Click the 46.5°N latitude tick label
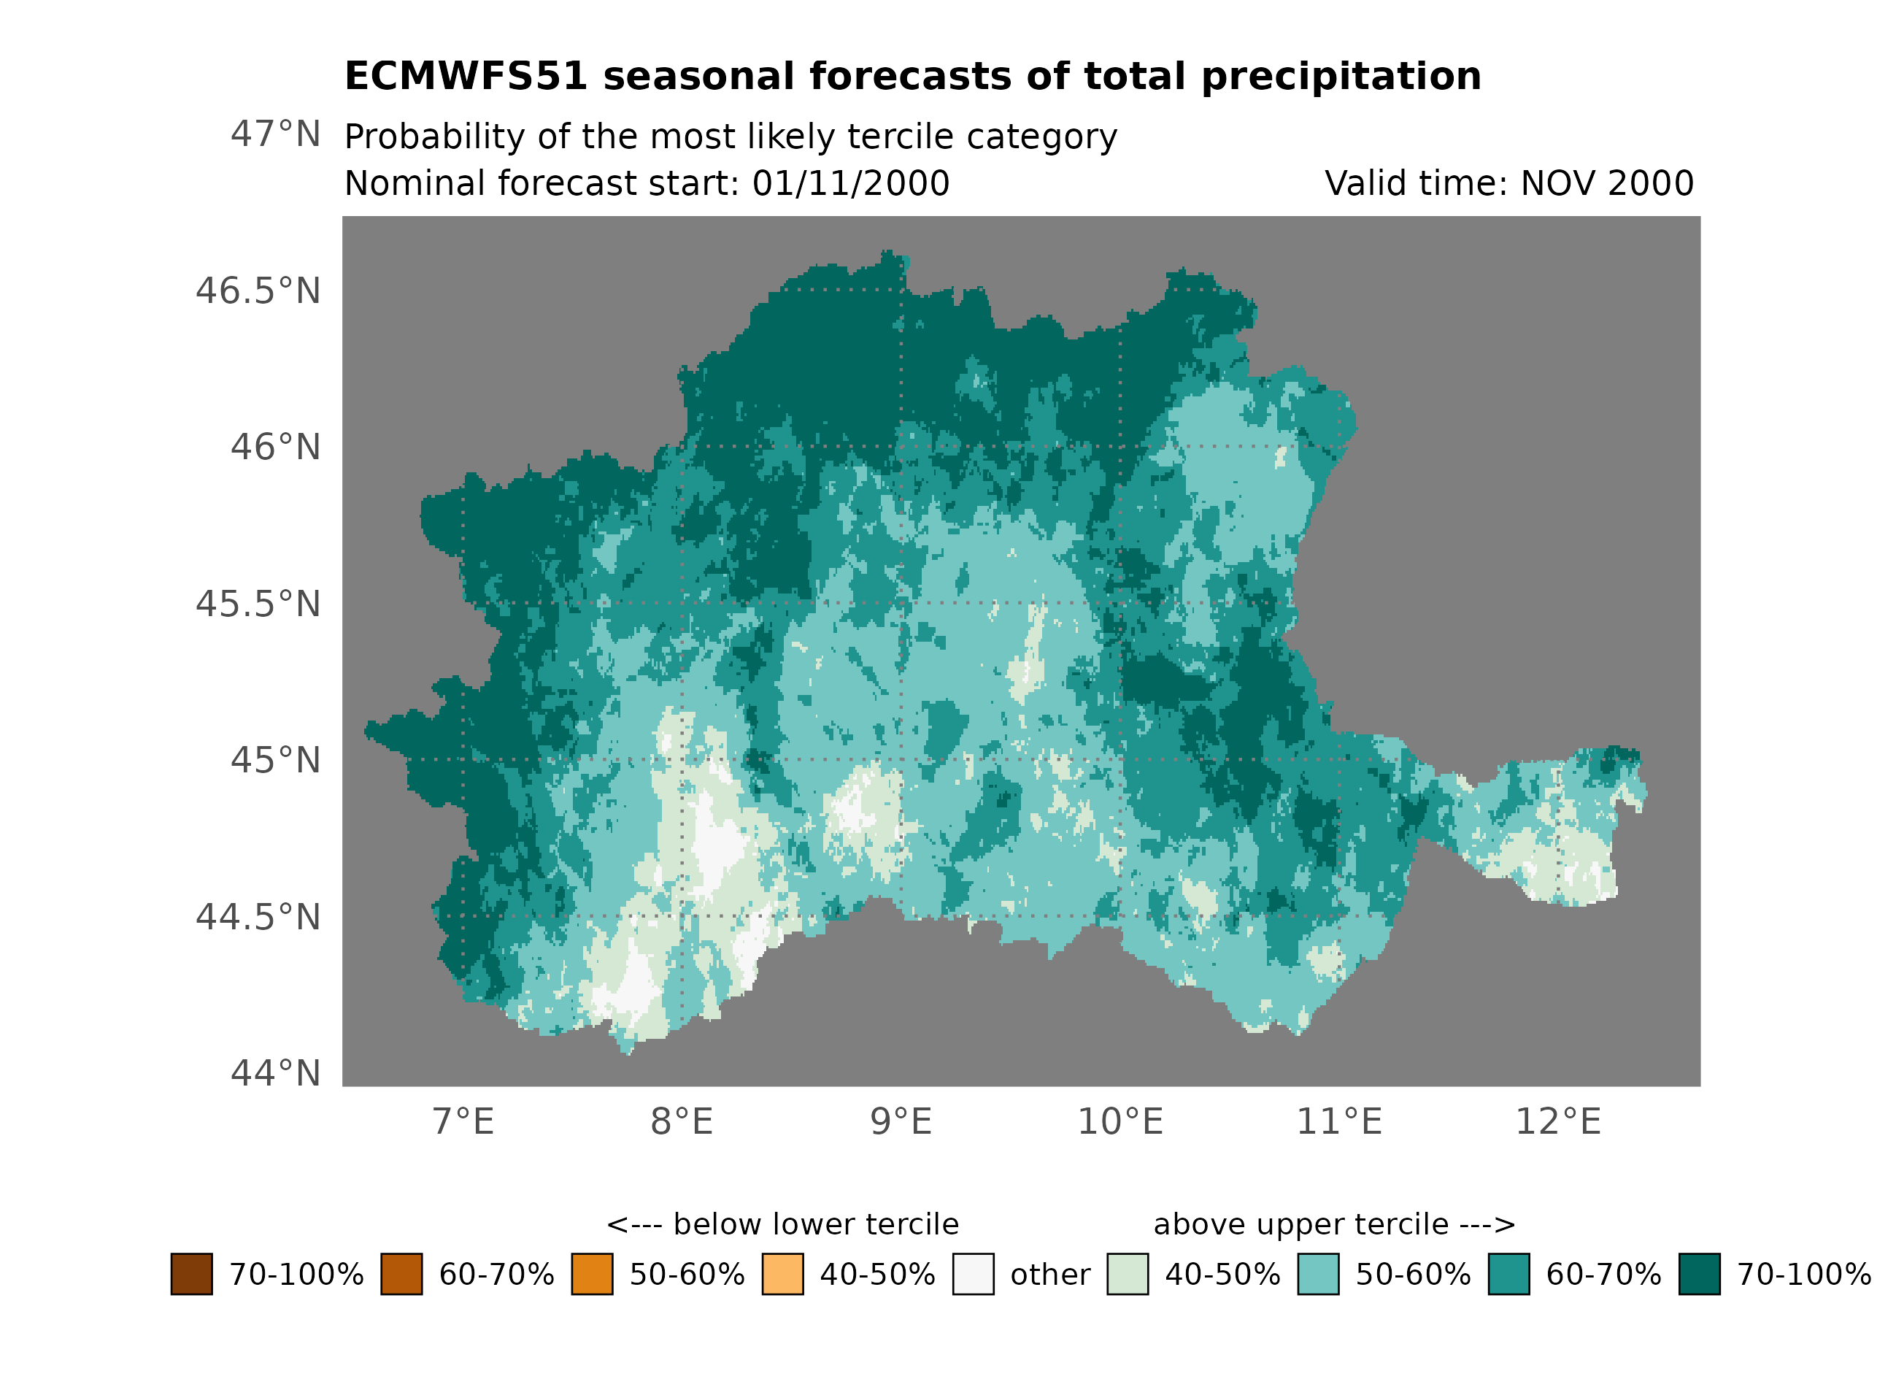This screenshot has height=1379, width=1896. pos(258,291)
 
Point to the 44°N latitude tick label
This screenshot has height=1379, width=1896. pos(275,1073)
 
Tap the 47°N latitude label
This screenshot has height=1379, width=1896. pos(275,134)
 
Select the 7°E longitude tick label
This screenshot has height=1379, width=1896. pos(463,1121)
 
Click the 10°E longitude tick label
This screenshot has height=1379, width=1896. pos(1120,1121)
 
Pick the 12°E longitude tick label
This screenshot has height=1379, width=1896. pos(1558,1121)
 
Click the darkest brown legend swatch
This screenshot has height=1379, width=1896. pos(191,1274)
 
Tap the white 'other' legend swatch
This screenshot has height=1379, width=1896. pos(973,1274)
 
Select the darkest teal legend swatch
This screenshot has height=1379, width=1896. pos(1700,1274)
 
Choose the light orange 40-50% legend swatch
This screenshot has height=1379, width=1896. pos(782,1274)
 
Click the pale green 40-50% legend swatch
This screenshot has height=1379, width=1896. pos(1128,1274)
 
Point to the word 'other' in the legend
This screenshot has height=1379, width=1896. pos(1050,1275)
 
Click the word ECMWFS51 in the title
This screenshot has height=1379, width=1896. pos(466,76)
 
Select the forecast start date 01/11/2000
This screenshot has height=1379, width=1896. pos(850,183)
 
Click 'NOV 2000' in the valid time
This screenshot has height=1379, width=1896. pos(1607,183)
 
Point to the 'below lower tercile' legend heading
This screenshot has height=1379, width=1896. pos(815,1224)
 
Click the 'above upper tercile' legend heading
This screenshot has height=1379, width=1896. pos(1300,1224)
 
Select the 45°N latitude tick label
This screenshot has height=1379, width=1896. pos(275,760)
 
